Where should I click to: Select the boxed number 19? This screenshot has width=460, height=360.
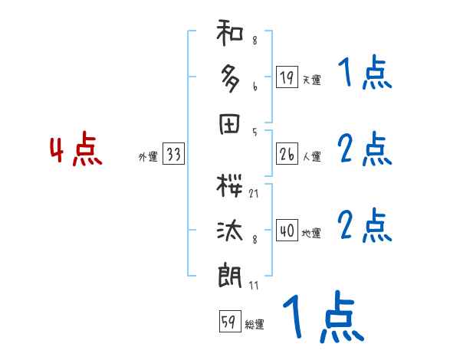tap(287, 77)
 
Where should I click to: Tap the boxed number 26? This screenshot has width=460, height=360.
tap(287, 154)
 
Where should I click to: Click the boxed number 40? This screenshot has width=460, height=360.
tap(287, 231)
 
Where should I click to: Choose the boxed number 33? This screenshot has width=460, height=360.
tap(173, 154)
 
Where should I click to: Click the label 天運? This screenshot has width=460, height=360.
tap(311, 80)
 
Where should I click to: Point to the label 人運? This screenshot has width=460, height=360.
tap(311, 157)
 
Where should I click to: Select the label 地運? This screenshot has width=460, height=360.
tap(311, 234)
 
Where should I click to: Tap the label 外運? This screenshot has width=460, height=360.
tap(148, 157)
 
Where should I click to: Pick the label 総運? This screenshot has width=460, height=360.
tap(255, 326)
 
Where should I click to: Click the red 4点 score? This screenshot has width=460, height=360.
tap(76, 151)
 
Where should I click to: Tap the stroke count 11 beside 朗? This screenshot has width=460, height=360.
tap(253, 286)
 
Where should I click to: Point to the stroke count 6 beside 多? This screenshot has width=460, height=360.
tap(254, 87)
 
